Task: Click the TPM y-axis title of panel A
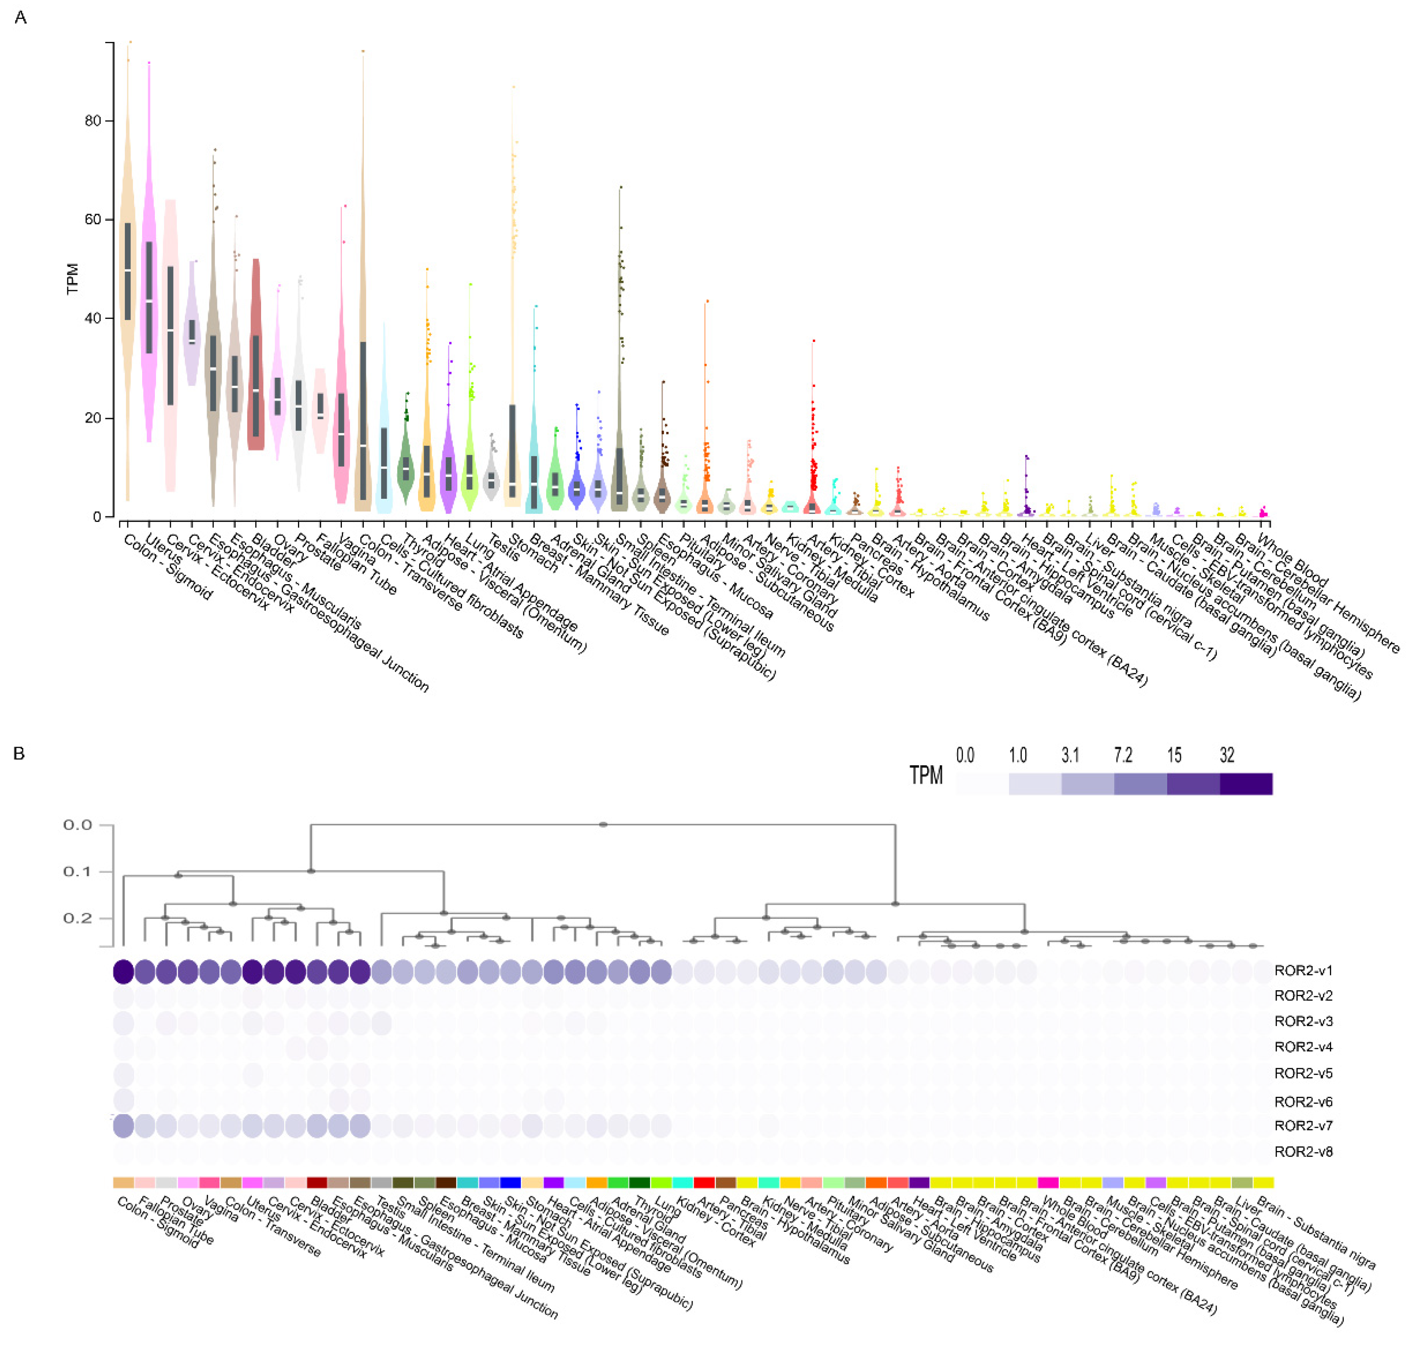(72, 279)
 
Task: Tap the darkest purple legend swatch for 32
(1246, 783)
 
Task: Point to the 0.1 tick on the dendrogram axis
(77, 871)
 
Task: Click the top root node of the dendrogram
(603, 824)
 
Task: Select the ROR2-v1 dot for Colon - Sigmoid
(124, 972)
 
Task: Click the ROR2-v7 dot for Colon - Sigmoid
(124, 1126)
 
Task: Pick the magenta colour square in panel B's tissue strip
(1048, 1182)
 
